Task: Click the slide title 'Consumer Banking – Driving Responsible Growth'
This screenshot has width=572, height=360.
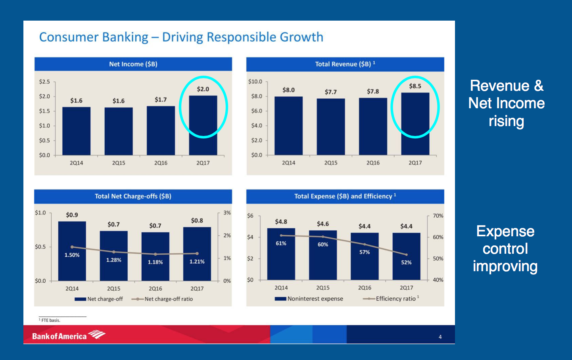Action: point(181,37)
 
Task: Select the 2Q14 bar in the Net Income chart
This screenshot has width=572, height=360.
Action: point(76,131)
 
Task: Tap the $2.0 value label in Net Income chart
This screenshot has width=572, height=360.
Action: point(203,89)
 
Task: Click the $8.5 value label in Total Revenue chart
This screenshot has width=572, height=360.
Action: point(415,86)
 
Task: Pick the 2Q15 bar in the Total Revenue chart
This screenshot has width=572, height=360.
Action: point(330,127)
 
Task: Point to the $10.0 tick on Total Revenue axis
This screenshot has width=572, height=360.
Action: point(255,82)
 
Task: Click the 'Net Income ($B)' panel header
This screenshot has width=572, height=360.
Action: point(133,64)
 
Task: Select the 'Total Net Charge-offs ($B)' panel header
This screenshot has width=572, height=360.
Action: point(133,196)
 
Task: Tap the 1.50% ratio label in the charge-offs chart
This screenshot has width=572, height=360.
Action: point(72,255)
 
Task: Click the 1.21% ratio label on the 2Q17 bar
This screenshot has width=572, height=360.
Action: point(197,262)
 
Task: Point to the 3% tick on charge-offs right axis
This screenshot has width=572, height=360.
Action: point(227,213)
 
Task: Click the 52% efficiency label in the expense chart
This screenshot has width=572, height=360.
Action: point(406,262)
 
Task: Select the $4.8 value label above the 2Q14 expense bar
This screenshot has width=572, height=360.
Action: point(281,222)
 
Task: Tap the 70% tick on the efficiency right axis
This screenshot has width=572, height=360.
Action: point(438,216)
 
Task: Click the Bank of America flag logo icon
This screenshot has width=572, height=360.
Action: point(97,335)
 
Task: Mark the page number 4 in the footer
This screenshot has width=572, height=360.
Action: point(440,337)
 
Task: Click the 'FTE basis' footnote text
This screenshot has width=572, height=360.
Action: point(50,320)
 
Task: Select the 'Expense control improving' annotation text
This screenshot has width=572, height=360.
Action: point(505,249)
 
